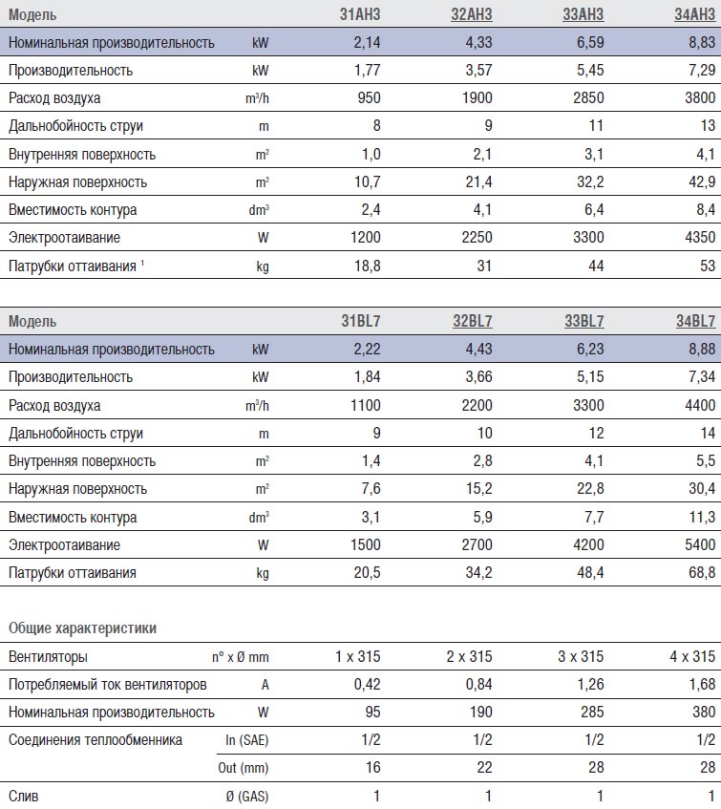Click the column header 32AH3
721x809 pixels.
point(472,14)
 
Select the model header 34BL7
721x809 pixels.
point(696,321)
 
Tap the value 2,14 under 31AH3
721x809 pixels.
point(368,42)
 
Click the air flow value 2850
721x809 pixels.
point(588,97)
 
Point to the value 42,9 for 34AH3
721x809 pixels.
point(702,181)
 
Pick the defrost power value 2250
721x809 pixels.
point(477,237)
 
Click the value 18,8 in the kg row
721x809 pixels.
point(368,266)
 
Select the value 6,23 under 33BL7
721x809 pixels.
point(590,349)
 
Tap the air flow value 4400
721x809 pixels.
point(700,405)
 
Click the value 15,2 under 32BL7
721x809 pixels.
point(479,489)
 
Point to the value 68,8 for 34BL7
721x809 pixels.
point(702,572)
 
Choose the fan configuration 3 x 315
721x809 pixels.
point(581,656)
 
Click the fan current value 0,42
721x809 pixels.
point(368,684)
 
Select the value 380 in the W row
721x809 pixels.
point(704,712)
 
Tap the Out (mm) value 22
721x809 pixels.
point(484,768)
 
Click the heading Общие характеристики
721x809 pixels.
point(82,628)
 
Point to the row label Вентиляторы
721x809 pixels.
point(48,657)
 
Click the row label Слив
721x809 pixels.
point(23,796)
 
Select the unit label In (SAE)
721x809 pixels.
point(247,740)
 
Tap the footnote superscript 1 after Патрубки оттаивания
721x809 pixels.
point(142,263)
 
